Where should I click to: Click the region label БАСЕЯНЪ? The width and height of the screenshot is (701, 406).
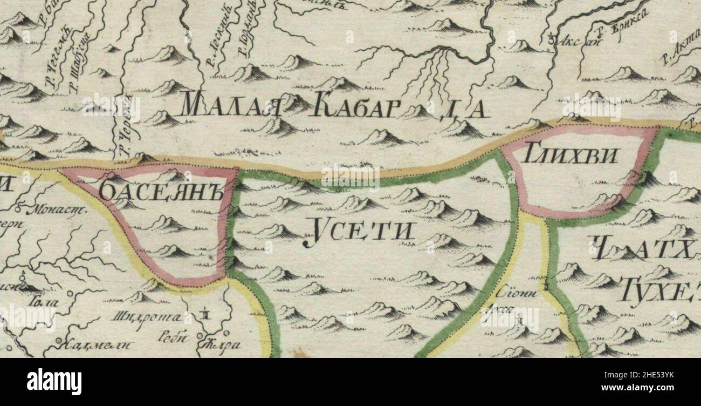tap(161, 193)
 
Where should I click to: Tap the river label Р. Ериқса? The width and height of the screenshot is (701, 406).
tap(630, 25)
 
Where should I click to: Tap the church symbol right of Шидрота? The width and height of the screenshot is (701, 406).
tap(205, 313)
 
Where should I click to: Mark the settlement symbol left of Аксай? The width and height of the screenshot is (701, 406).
tap(551, 38)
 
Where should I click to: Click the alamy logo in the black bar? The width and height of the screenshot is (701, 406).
tap(54, 382)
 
